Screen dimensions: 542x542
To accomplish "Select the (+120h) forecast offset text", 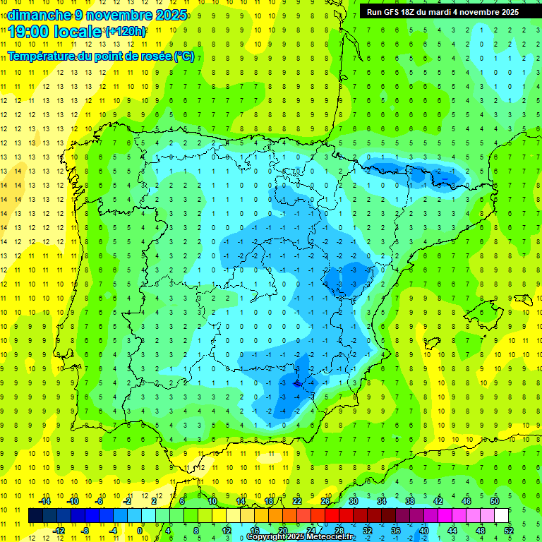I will pyautogui.click(x=126, y=32).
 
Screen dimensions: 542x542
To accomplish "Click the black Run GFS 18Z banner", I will pyautogui.click(x=442, y=11).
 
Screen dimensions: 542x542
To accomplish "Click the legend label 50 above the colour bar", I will pyautogui.click(x=495, y=500).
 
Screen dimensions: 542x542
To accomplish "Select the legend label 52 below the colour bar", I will pyautogui.click(x=509, y=530).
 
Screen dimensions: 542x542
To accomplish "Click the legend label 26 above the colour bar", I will pyautogui.click(x=325, y=500).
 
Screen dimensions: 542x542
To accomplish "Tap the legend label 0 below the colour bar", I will pyautogui.click(x=140, y=530).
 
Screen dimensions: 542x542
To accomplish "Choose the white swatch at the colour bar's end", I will pyautogui.click(x=502, y=515).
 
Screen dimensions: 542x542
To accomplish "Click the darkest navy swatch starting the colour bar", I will pyautogui.click(x=35, y=515).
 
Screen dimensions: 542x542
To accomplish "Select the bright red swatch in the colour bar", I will pyautogui.click(x=332, y=515).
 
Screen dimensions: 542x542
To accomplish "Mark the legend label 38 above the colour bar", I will pyautogui.click(x=410, y=500).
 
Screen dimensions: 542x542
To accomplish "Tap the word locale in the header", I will pyautogui.click(x=78, y=32).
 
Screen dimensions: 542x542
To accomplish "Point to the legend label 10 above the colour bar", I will pyautogui.click(x=212, y=500).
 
